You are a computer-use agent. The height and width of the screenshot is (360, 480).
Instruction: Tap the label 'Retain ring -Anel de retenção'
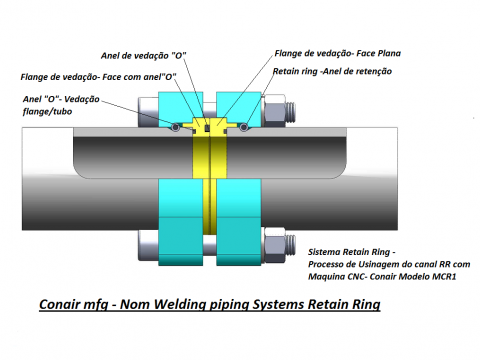(333, 73)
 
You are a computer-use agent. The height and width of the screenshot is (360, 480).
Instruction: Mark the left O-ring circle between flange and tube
(174, 127)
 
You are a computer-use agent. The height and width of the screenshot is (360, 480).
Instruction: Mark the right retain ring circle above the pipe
(243, 127)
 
